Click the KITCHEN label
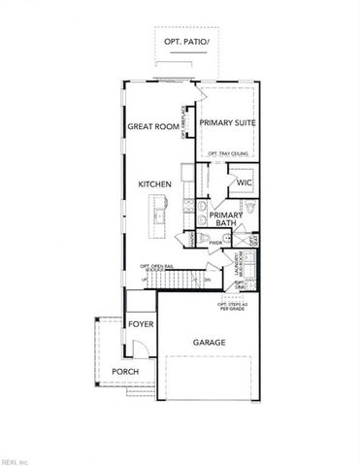pos(155,183)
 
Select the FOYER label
pos(142,322)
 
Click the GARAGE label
pos(210,342)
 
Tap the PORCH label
pos(124,372)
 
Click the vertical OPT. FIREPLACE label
pos(183,121)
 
